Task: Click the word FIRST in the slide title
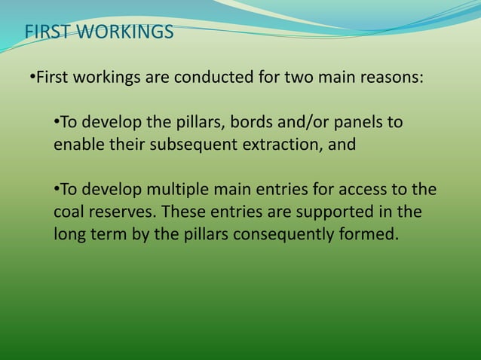click(49, 33)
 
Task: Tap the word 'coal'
click(69, 212)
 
